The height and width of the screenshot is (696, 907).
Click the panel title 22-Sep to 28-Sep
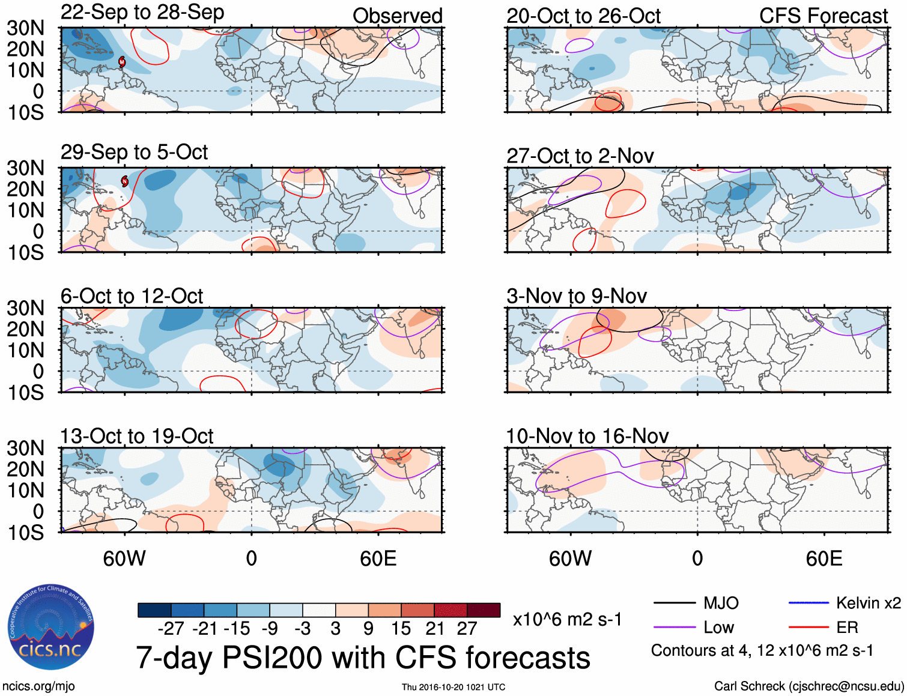click(142, 13)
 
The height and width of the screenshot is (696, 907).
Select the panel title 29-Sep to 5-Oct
click(134, 153)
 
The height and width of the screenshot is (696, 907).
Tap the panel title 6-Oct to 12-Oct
click(132, 296)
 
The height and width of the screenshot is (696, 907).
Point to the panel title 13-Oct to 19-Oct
click(136, 437)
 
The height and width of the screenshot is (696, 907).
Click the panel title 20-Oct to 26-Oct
click(583, 16)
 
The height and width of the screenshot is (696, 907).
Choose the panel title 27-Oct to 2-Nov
click(580, 156)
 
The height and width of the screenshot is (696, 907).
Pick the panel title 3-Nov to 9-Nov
click(577, 296)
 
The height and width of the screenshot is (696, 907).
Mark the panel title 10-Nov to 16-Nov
click(587, 437)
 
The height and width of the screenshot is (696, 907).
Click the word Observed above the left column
click(397, 16)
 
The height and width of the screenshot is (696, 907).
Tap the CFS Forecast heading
click(823, 16)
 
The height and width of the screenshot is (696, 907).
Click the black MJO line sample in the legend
click(675, 603)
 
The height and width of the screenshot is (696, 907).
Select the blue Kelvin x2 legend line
click(808, 603)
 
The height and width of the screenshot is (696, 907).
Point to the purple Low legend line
click(675, 628)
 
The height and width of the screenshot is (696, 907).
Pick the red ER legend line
click(808, 628)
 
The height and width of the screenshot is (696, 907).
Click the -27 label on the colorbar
click(171, 629)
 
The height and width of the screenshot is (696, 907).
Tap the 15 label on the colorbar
click(401, 629)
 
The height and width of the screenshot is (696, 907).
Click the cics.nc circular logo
click(51, 628)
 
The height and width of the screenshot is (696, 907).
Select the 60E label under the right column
click(824, 559)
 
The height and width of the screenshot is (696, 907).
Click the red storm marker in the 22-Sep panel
click(122, 62)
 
